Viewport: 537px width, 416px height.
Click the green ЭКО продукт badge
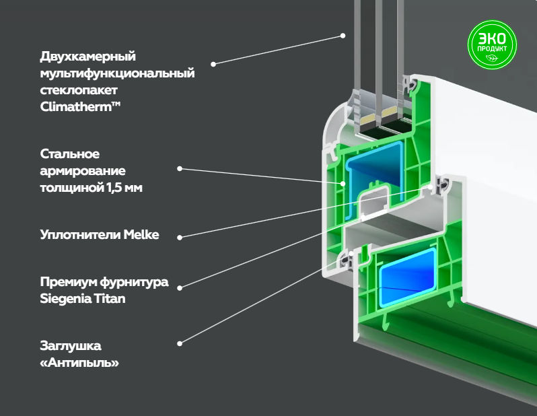[x=492, y=44]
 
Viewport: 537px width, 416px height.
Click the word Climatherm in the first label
[x=76, y=106]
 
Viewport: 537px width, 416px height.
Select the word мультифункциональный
[x=118, y=73]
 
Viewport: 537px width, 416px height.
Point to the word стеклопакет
[x=79, y=90]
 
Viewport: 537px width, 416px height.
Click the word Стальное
[x=70, y=154]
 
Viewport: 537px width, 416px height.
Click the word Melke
[x=141, y=235]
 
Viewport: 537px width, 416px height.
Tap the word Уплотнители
[x=80, y=235]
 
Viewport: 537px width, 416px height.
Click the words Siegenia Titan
[x=83, y=298]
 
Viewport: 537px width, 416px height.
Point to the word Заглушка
[x=71, y=346]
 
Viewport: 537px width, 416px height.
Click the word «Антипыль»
[x=79, y=363]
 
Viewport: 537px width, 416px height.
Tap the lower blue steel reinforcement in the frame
[x=406, y=277]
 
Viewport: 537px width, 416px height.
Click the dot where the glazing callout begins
[x=213, y=64]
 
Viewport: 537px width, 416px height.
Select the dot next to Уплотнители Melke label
[x=180, y=237]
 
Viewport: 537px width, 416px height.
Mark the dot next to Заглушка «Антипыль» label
[x=180, y=343]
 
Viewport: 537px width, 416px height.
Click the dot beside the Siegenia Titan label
[x=180, y=288]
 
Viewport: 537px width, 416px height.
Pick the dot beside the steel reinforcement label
[x=180, y=168]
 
